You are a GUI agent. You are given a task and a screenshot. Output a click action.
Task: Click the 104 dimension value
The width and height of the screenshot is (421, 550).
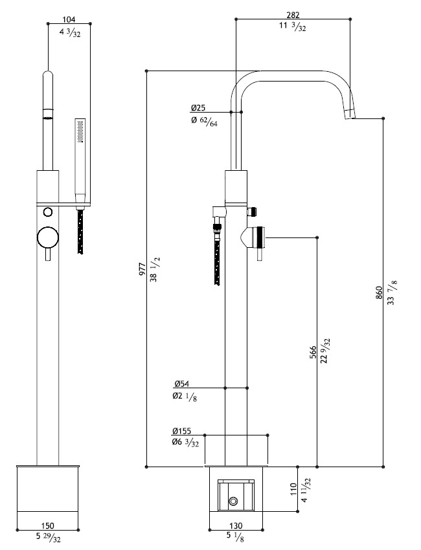[69, 19]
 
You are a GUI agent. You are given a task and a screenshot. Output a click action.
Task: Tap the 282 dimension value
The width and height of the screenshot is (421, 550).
[293, 15]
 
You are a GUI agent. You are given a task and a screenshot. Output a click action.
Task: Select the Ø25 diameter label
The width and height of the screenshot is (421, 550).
[198, 107]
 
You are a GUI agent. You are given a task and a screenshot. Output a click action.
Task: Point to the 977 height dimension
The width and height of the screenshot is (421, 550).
[142, 269]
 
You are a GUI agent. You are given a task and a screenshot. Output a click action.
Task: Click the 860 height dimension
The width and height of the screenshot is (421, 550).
[379, 293]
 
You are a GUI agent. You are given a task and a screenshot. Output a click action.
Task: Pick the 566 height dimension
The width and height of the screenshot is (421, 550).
[313, 352]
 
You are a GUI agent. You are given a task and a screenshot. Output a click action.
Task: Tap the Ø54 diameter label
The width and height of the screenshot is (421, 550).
[181, 384]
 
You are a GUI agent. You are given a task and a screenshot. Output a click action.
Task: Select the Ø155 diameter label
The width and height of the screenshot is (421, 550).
[181, 431]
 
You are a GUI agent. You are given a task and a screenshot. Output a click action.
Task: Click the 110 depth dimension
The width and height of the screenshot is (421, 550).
[293, 489]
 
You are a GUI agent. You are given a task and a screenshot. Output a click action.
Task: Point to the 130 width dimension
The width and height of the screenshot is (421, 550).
[236, 526]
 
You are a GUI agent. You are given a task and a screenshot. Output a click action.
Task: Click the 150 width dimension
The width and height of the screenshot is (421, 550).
[48, 526]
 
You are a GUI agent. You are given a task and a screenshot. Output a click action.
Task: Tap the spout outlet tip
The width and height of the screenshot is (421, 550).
[350, 115]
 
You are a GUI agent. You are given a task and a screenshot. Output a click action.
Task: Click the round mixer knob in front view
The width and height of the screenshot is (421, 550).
[48, 237]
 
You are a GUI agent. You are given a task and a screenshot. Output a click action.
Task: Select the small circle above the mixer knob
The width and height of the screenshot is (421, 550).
[48, 212]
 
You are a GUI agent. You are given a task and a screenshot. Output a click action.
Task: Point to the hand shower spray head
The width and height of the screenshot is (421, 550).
[80, 131]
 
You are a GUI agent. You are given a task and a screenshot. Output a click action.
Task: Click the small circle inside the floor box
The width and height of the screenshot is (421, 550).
[233, 501]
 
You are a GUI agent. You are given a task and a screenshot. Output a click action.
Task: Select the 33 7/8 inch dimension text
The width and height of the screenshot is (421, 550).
[391, 293]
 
